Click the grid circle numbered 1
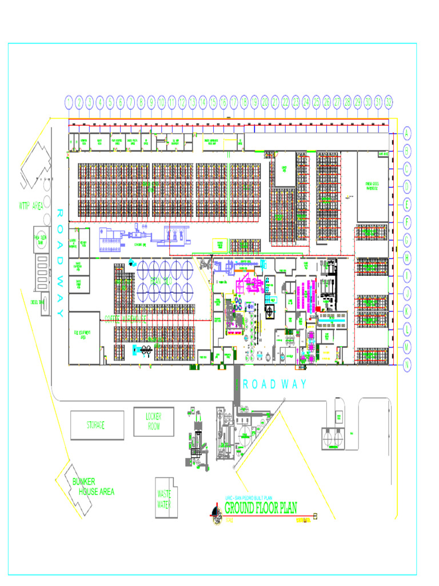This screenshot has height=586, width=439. pos(69,102)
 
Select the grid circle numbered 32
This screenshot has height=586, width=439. pos(389,102)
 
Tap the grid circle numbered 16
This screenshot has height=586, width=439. pos(224,102)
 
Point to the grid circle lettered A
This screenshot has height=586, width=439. pos(407,133)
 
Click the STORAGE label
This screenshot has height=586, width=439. pos(97,425)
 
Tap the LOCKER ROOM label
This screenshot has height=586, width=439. pos(154,421)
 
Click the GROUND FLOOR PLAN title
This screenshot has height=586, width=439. pos(260,508)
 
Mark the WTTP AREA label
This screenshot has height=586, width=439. pos(31,205)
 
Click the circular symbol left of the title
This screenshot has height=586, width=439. pos(215,513)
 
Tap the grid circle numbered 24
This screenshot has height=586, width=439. pos(306,102)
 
